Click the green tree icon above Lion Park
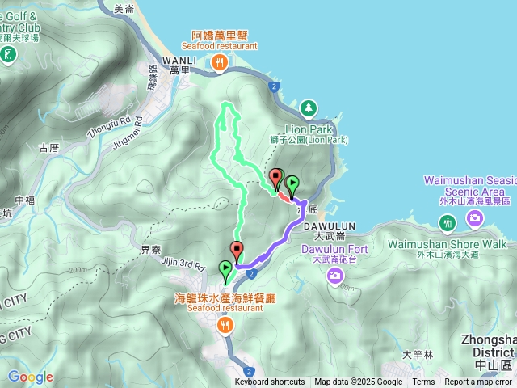308,108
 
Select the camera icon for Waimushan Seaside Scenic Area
475,217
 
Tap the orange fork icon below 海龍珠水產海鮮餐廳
225,325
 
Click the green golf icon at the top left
7,55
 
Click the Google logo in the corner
30,377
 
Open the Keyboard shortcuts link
270,382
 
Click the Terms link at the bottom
423,382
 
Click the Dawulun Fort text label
334,249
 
